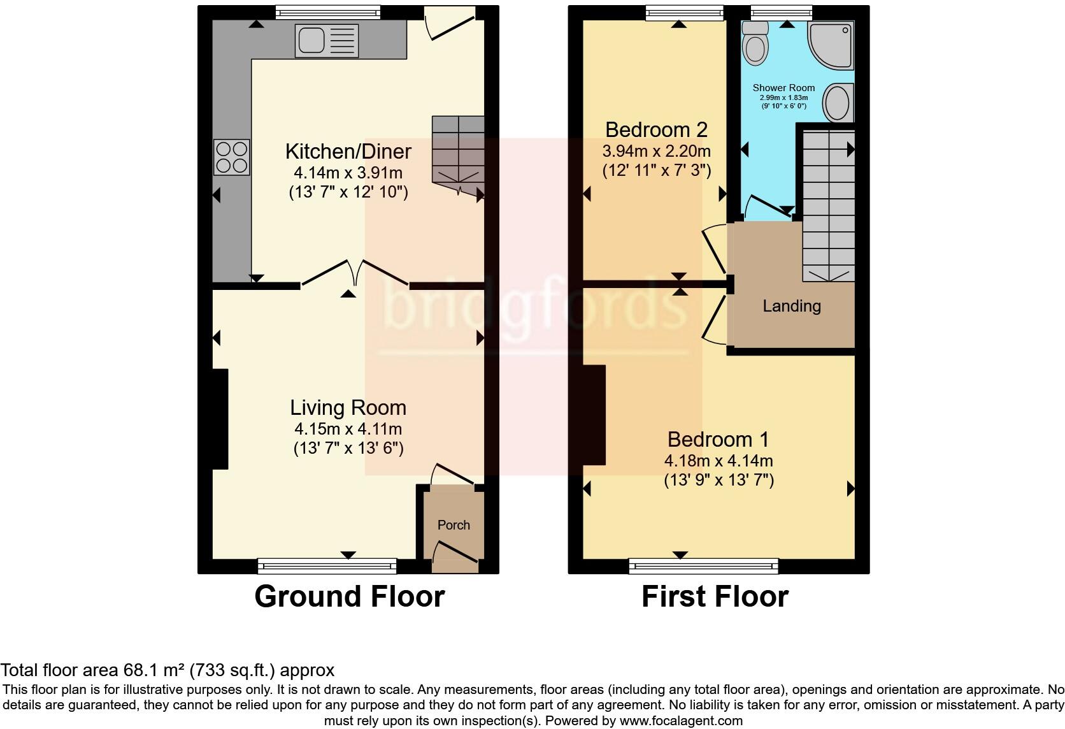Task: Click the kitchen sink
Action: (326, 40)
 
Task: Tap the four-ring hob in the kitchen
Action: (232, 157)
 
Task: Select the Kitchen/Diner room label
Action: (348, 152)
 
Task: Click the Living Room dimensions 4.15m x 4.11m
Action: (348, 429)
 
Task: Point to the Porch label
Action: (454, 525)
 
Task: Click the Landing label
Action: (792, 307)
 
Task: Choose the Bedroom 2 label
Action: (656, 130)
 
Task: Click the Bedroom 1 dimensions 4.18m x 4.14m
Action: (718, 461)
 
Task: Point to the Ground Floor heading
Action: (349, 597)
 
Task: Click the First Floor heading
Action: (715, 597)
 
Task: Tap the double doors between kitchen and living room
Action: (354, 273)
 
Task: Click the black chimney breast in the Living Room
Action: (219, 419)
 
